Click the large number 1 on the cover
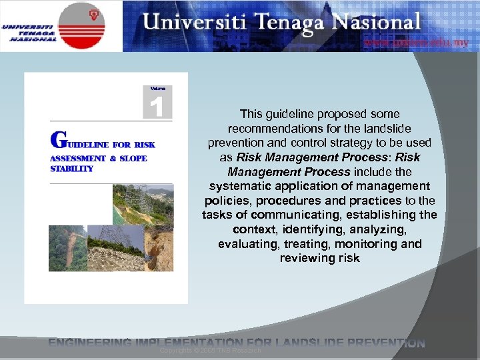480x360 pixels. coord(157,106)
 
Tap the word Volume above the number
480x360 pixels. coord(157,88)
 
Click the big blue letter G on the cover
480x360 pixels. coord(59,139)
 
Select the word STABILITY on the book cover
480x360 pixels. coord(72,169)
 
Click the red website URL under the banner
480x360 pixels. coord(416,43)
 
